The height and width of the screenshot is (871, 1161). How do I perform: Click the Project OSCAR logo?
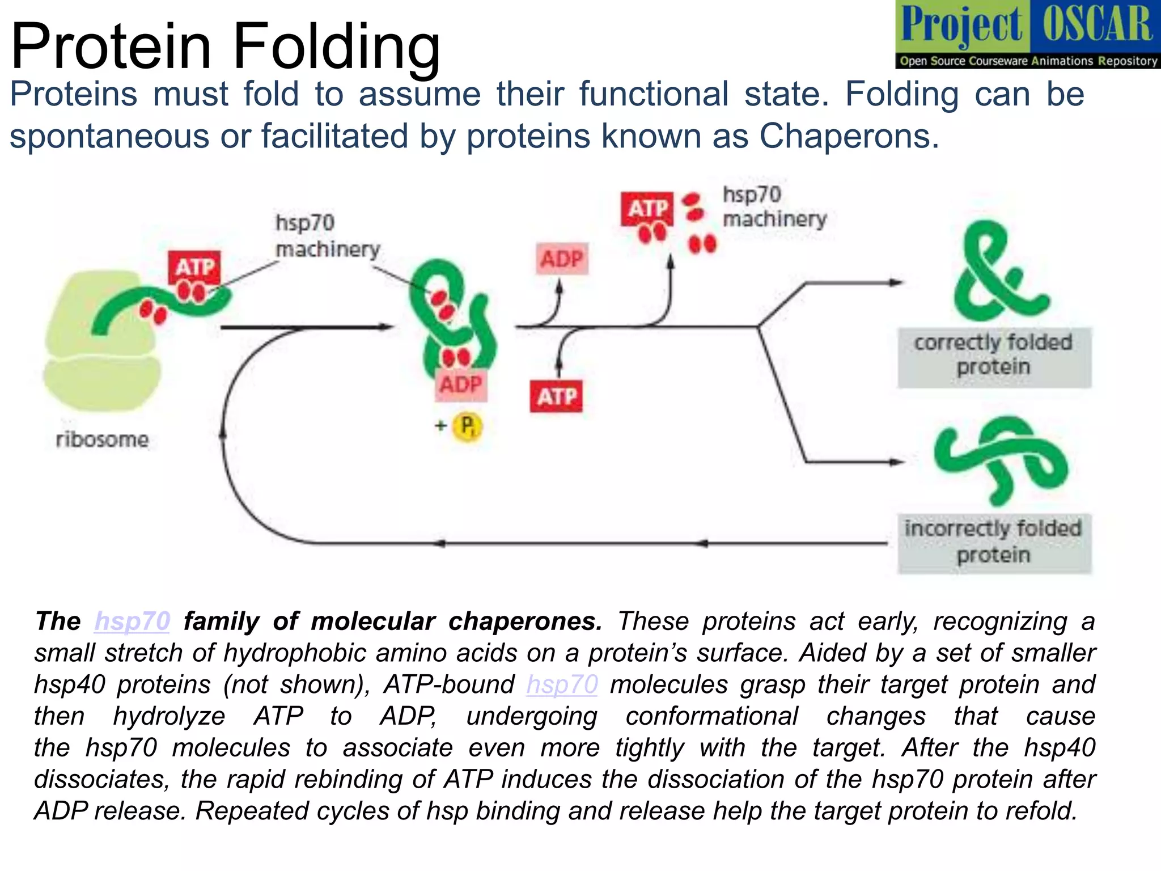(x=1027, y=35)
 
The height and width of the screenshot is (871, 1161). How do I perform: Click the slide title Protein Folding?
(x=225, y=46)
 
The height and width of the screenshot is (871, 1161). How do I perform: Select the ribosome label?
(x=102, y=439)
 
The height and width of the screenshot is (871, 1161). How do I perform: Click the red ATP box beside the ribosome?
(x=194, y=267)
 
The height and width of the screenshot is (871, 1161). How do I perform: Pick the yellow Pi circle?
(x=467, y=426)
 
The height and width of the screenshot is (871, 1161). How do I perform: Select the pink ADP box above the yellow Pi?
(x=460, y=384)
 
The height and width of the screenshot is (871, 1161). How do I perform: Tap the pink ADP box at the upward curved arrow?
(x=561, y=259)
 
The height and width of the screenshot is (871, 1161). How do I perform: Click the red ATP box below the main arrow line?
(x=556, y=396)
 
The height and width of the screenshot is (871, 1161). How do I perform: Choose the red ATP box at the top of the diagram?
(x=647, y=209)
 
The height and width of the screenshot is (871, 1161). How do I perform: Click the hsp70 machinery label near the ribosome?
(x=327, y=236)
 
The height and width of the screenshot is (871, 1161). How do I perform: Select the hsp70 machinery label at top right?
(x=774, y=207)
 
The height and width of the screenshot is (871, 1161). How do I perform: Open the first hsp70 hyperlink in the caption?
(x=132, y=621)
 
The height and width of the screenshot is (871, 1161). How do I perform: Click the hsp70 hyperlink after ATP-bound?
(x=562, y=684)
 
